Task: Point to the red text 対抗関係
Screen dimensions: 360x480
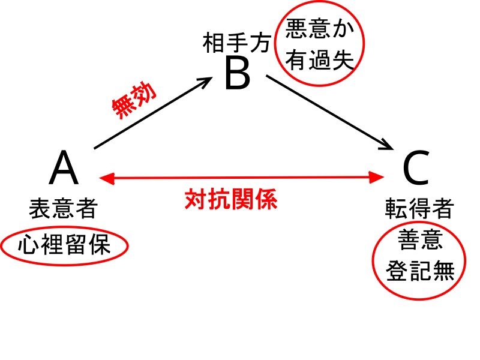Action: (231, 199)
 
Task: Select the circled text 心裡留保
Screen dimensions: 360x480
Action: (64, 245)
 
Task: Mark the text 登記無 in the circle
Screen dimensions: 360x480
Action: (419, 270)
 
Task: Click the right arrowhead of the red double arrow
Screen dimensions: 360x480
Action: (377, 177)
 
